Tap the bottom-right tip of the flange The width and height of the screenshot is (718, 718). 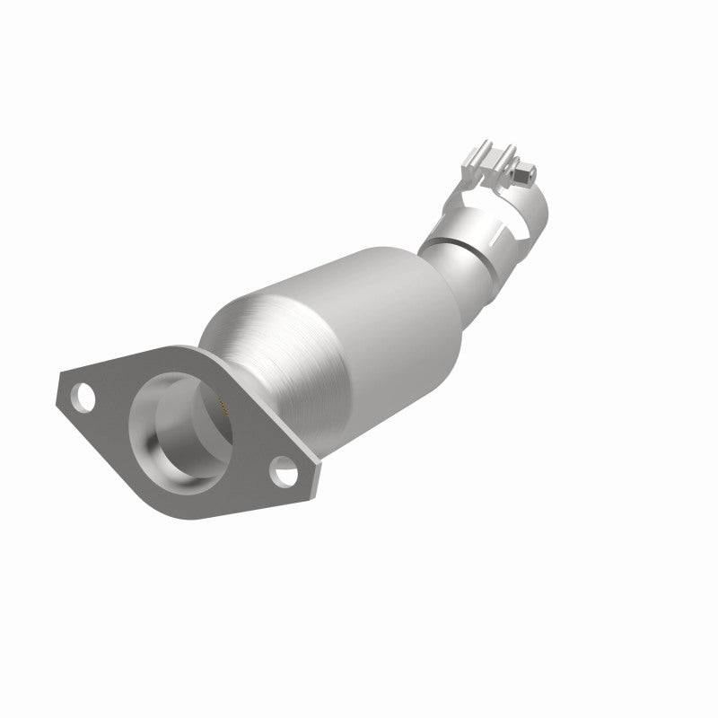pos(316,494)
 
